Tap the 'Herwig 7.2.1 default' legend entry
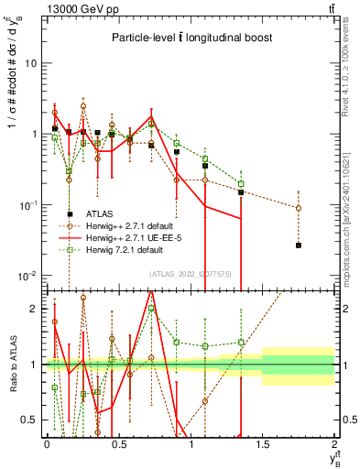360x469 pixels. pos(132,248)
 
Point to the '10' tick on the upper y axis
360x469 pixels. pos(32,63)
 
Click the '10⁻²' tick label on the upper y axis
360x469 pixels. pos(30,276)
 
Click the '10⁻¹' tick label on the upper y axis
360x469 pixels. pos(30,205)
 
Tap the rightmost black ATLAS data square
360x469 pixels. pos(299,245)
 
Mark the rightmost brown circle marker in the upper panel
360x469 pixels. pos(299,208)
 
